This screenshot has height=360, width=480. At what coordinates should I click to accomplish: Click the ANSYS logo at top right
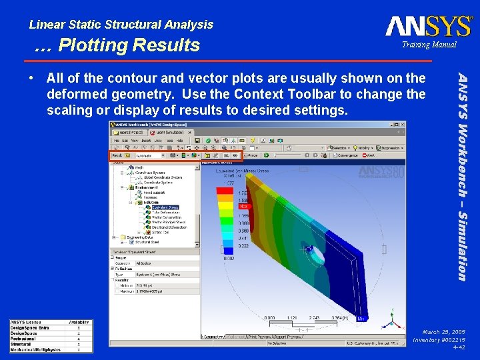pos(429,26)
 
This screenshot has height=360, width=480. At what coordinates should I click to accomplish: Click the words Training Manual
pos(429,45)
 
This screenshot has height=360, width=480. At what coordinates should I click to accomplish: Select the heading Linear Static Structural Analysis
pos(121,25)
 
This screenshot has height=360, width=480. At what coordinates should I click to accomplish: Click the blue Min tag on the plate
pos(360,319)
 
